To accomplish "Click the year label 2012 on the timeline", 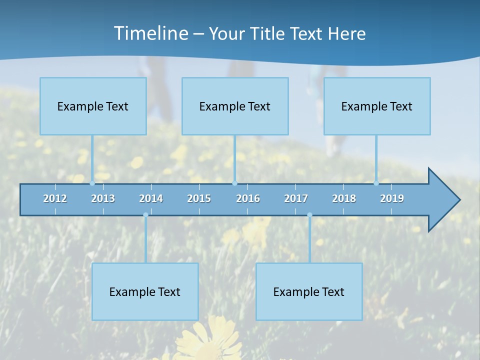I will click(x=55, y=198).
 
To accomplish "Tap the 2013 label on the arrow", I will click(x=103, y=198).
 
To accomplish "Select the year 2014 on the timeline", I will click(x=151, y=198).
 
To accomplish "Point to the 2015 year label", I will click(x=199, y=198).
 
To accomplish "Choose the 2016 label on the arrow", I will click(x=248, y=198).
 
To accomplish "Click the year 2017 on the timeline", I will click(x=296, y=198).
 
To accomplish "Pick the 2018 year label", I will click(x=344, y=198).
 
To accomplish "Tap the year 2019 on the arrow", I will click(x=392, y=198).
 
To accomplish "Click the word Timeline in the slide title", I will click(x=150, y=33).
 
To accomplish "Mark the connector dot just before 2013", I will click(x=92, y=183).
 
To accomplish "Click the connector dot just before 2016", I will click(x=234, y=183).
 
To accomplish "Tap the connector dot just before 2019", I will click(x=376, y=183).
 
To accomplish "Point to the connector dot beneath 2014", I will click(x=145, y=215).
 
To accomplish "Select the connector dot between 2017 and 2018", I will click(x=309, y=215).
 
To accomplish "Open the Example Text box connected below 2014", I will click(x=145, y=291).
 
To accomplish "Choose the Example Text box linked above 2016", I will click(x=235, y=106).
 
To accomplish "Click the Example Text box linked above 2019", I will click(x=377, y=106).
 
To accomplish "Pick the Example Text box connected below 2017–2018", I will click(x=309, y=291).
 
